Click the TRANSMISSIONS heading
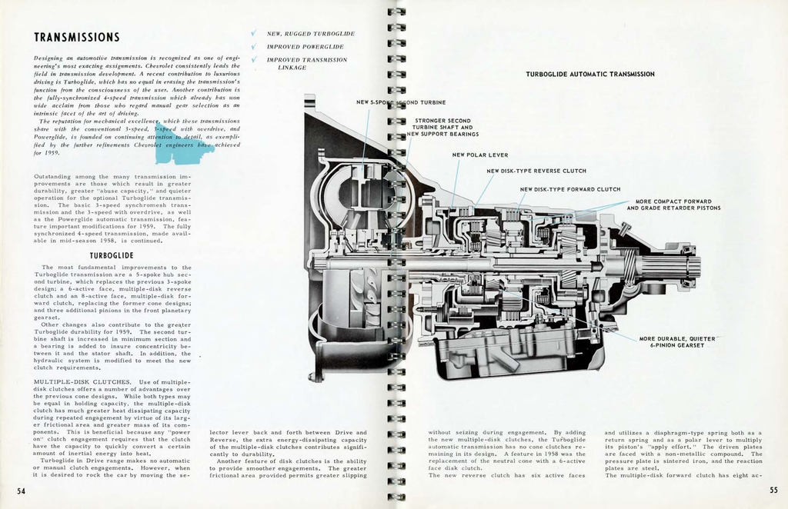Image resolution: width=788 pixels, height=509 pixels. coord(76,38)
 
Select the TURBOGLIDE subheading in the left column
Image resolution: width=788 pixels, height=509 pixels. coord(112,255)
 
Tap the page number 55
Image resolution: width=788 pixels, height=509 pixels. coord(773,491)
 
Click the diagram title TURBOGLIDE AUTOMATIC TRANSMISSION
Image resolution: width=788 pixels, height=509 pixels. coord(589,75)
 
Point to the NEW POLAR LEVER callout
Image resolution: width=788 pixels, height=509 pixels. coord(479,155)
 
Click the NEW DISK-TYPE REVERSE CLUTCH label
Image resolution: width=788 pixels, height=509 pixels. coord(536,171)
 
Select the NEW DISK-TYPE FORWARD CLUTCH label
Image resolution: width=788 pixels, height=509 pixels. coord(569,189)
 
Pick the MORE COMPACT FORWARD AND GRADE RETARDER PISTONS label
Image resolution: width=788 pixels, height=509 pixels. coord(673,205)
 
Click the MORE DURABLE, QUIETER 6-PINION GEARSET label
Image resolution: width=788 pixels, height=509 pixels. coord(676,342)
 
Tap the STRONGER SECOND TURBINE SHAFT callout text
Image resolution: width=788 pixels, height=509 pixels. coord(443,127)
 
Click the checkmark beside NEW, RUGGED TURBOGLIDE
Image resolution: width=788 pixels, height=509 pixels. coord(253,34)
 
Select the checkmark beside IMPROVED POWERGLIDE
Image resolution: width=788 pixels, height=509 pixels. coord(253,46)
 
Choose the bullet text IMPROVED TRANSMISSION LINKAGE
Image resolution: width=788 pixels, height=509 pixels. coord(306,63)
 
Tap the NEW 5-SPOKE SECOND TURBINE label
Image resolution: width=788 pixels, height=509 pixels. coord(401,102)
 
